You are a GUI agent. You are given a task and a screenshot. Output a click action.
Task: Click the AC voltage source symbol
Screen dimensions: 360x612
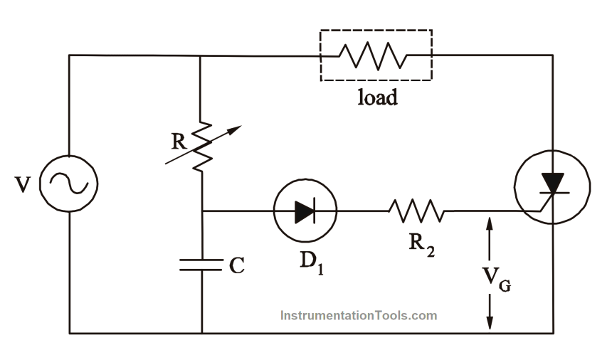coord(68,184)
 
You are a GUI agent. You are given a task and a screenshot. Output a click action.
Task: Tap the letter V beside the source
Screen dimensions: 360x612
coord(23,185)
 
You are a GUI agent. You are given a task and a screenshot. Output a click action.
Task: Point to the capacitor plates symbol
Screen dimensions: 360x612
coord(202,265)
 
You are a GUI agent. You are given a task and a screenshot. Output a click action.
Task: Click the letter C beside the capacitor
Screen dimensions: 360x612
coord(238,266)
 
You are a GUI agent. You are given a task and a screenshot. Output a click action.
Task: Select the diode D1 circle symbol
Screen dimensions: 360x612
coord(305,211)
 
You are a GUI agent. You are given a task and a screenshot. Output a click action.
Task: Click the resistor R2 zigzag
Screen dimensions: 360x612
coord(416,211)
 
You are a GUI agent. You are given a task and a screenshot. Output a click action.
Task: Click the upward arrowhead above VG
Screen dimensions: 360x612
coord(490,223)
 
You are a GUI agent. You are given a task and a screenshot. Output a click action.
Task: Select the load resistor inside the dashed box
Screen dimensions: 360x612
coord(375,55)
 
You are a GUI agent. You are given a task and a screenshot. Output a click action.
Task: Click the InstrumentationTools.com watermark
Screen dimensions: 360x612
coord(359,315)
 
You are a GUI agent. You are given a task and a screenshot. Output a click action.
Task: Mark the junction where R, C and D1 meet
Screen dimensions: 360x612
coord(202,211)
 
